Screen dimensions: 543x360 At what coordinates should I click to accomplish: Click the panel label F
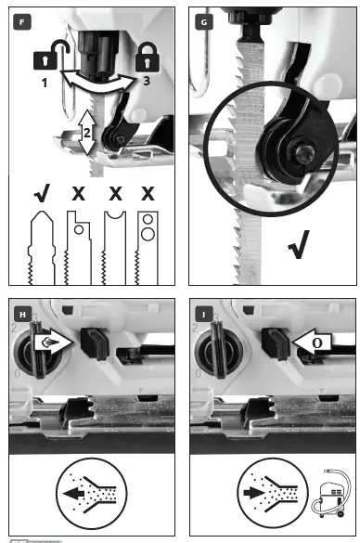(19, 19)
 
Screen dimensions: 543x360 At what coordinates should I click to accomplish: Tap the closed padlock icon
(142, 60)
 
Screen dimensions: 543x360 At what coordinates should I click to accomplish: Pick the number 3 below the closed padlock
(146, 82)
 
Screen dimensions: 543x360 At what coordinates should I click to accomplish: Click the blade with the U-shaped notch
(112, 246)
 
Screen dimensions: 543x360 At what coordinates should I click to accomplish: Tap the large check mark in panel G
(299, 248)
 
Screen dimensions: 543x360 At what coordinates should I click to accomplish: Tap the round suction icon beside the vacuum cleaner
(273, 493)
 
